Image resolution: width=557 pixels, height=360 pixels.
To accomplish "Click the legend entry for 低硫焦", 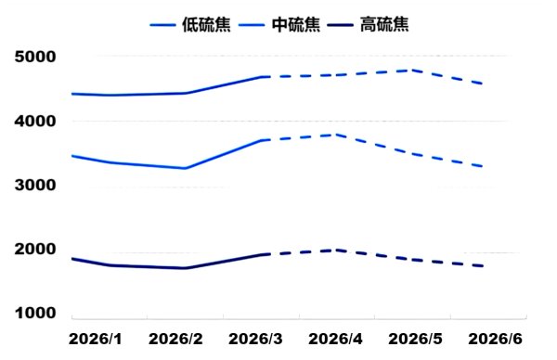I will pyautogui.click(x=191, y=24).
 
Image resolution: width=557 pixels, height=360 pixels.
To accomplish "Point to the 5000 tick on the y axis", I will pyautogui.click(x=36, y=58).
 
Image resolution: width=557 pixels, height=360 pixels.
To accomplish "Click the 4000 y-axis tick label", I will pyautogui.click(x=36, y=122).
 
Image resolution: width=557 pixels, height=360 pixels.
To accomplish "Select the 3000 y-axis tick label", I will pyautogui.click(x=36, y=186).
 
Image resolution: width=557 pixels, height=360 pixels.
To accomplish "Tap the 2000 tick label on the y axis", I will pyautogui.click(x=36, y=250).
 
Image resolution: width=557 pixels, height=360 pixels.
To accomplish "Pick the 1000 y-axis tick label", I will pyautogui.click(x=36, y=314).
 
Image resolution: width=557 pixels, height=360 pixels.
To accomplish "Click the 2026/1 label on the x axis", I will pyautogui.click(x=96, y=340).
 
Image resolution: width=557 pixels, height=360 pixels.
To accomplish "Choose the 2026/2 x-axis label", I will pyautogui.click(x=175, y=340).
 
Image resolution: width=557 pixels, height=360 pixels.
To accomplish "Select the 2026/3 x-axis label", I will pyautogui.click(x=255, y=340).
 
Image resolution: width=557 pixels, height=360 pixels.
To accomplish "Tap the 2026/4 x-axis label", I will pyautogui.click(x=335, y=340).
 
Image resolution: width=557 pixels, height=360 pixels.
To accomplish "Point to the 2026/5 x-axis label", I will pyautogui.click(x=415, y=340).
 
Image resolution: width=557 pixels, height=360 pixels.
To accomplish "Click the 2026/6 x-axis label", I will pyautogui.click(x=494, y=340).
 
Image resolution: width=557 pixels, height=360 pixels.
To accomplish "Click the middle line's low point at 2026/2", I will pyautogui.click(x=185, y=168).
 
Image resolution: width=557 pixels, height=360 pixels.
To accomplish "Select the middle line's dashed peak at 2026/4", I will pyautogui.click(x=334, y=135).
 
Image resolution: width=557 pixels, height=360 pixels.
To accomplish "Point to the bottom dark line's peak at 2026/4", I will pyautogui.click(x=334, y=250).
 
